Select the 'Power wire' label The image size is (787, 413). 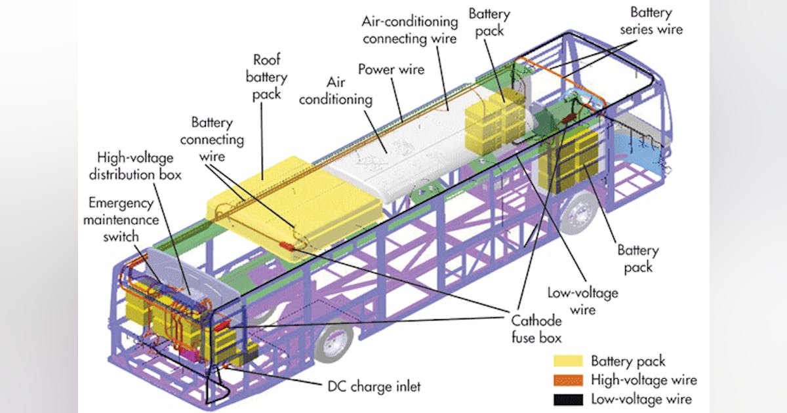(x=391, y=68)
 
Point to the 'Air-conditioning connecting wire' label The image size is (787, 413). (x=409, y=29)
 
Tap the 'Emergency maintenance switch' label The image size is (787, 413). (x=121, y=211)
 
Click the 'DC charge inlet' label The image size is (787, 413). (x=374, y=387)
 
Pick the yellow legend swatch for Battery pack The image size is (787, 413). (x=567, y=361)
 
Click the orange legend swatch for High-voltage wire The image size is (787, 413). (x=567, y=380)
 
